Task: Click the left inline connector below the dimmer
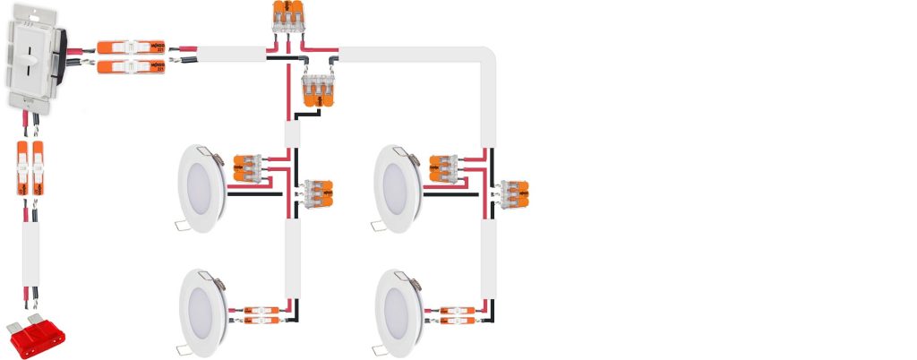(23, 167)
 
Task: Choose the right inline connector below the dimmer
(39, 167)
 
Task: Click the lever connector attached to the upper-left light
(251, 169)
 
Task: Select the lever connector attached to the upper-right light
(446, 169)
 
